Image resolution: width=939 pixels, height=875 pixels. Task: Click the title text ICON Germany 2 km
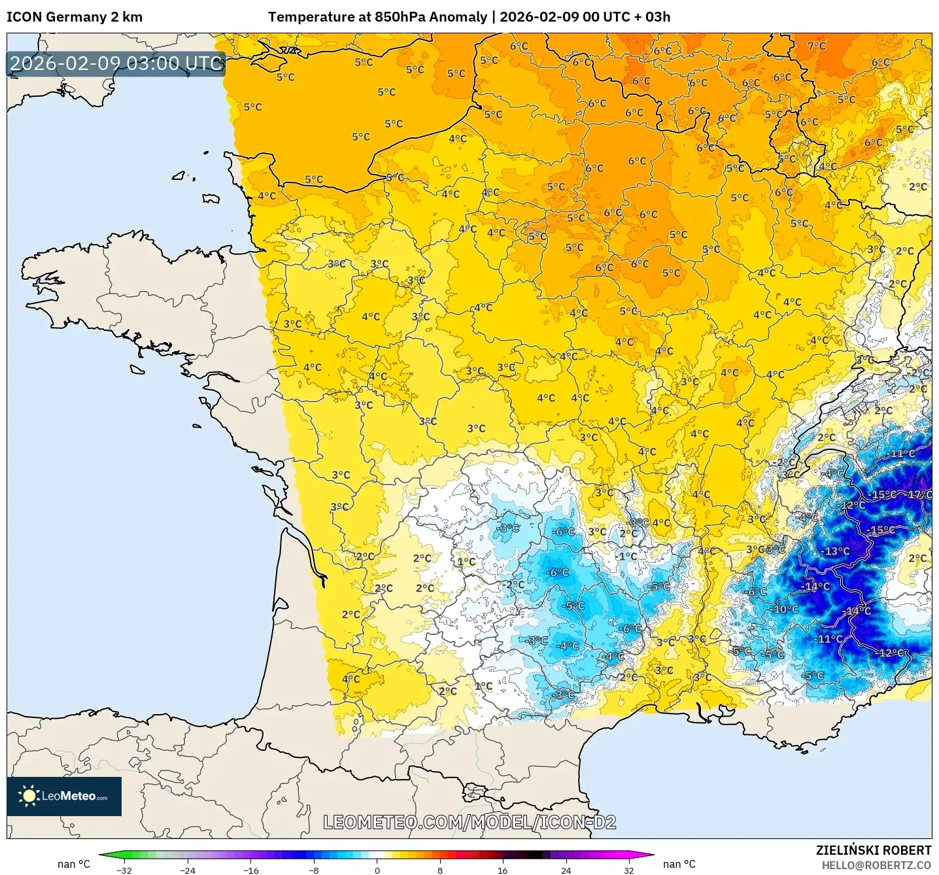coord(75,17)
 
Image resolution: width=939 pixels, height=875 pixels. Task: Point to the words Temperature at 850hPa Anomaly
coord(377,17)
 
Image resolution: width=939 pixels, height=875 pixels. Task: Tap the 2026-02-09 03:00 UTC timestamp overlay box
coord(116,63)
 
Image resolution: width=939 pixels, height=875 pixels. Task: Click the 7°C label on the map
coord(816,46)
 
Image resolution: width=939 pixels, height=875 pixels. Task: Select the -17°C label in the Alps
coord(919,494)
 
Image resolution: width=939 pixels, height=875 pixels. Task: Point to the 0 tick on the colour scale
coord(377,870)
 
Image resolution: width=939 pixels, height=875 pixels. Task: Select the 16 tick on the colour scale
coord(502,870)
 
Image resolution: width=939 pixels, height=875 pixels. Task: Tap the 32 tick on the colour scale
coord(628,870)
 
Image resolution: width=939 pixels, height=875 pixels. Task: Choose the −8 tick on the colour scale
coord(314,870)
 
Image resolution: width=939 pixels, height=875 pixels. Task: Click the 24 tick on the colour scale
coord(566,870)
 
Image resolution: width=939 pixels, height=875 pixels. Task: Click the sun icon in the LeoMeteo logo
coord(29,796)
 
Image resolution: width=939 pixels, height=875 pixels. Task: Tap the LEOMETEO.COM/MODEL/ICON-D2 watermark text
coord(469,822)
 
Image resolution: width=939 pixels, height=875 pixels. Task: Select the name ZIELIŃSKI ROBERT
coord(873,850)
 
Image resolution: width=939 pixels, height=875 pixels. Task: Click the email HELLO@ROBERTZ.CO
coord(876,865)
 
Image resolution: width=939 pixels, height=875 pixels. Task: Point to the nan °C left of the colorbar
coord(74,864)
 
